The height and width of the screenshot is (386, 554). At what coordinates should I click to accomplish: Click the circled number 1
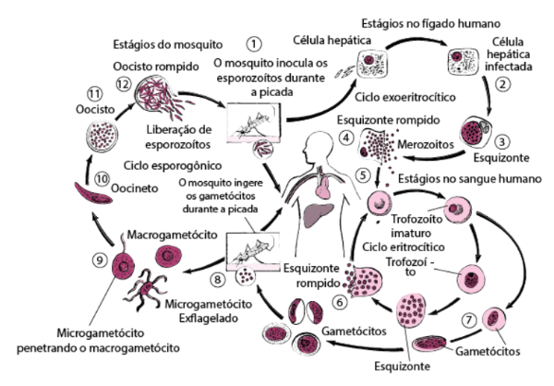(254, 42)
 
